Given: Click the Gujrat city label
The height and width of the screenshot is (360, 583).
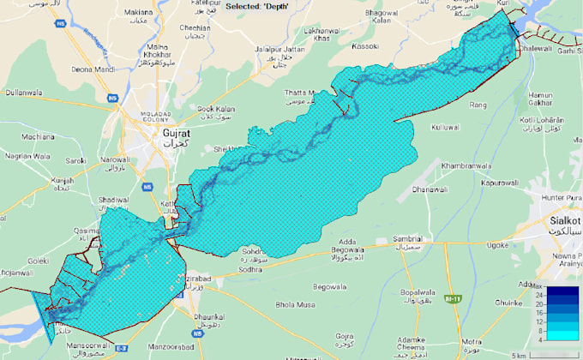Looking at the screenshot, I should (x=176, y=135).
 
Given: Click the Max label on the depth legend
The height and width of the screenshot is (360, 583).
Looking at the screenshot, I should (x=537, y=285).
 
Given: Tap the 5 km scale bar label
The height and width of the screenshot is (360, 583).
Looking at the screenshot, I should (x=518, y=354).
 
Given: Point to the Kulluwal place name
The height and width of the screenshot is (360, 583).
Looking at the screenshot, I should (x=446, y=127).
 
